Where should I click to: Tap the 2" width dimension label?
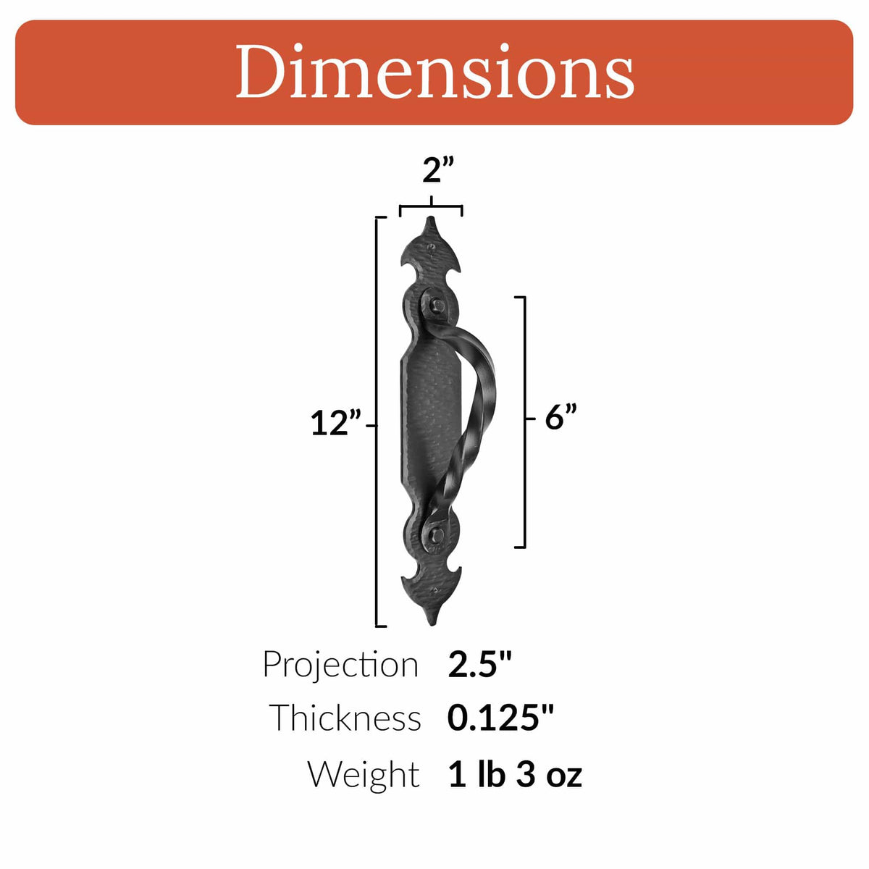pyautogui.click(x=438, y=172)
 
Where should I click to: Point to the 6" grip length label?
pyautogui.click(x=561, y=417)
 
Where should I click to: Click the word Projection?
pyautogui.click(x=340, y=664)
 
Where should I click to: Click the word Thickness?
pyautogui.click(x=345, y=718)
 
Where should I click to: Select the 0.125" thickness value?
pyautogui.click(x=500, y=718)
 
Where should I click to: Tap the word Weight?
pyautogui.click(x=363, y=773)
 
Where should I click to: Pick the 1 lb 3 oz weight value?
pyautogui.click(x=515, y=773)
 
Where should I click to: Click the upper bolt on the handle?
pyautogui.click(x=437, y=306)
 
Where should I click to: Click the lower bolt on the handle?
pyautogui.click(x=435, y=534)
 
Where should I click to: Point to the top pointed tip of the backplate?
pyautogui.click(x=432, y=220)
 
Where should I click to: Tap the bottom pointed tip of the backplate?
pyautogui.click(x=433, y=621)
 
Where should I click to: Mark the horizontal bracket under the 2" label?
pyautogui.click(x=431, y=208)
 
